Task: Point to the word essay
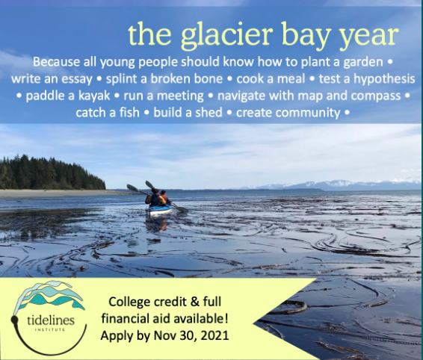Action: click(x=77, y=80)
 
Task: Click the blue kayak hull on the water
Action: click(x=159, y=210)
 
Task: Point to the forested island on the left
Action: click(x=52, y=173)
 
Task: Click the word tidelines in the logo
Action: click(x=51, y=320)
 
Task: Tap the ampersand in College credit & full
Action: click(x=195, y=302)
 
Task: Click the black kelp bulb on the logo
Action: click(x=14, y=320)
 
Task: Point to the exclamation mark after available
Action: click(x=226, y=319)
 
